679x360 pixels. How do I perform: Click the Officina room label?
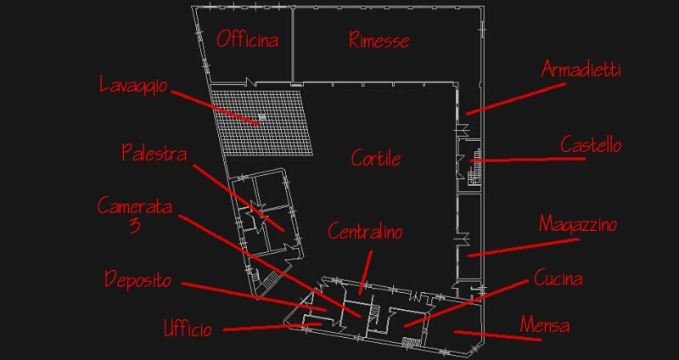[x=247, y=39]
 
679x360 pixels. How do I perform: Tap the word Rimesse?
[x=379, y=40]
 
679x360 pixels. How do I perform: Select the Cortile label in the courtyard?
[x=376, y=158]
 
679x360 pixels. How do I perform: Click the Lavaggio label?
[x=133, y=85]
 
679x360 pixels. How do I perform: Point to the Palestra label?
[x=154, y=153]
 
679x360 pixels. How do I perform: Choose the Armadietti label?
[x=581, y=70]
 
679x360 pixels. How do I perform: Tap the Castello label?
[x=591, y=144]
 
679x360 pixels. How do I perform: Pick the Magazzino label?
[x=578, y=224]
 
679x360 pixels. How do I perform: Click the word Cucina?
[x=558, y=278]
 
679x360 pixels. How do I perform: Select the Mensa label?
[x=545, y=324]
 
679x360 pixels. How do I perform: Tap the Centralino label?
[x=366, y=231]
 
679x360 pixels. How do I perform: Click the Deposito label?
[x=138, y=280]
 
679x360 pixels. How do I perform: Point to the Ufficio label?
[x=188, y=329]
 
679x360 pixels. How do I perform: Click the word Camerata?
[x=135, y=206]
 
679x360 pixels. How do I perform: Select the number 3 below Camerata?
[x=135, y=226]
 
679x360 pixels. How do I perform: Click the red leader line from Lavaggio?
[x=216, y=108]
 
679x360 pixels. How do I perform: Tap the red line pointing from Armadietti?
[x=516, y=99]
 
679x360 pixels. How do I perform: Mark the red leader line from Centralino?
[x=366, y=272]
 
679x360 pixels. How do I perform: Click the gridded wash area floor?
[x=261, y=121]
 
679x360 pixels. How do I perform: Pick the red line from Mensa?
[x=497, y=336]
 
